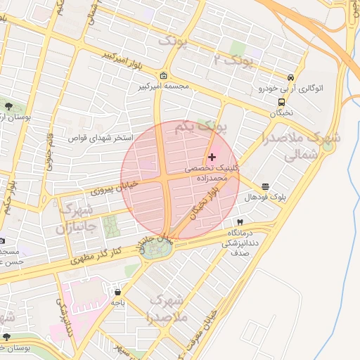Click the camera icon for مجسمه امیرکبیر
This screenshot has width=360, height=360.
click(164, 76)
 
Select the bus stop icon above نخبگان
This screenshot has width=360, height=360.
click(281, 101)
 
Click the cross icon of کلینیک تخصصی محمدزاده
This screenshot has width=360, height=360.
click(212, 157)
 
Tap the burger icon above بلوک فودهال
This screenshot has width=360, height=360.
click(265, 187)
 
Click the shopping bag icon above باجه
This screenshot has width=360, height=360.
click(117, 291)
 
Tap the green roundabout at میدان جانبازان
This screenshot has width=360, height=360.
click(153, 251)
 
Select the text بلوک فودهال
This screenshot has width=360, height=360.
click(262, 198)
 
